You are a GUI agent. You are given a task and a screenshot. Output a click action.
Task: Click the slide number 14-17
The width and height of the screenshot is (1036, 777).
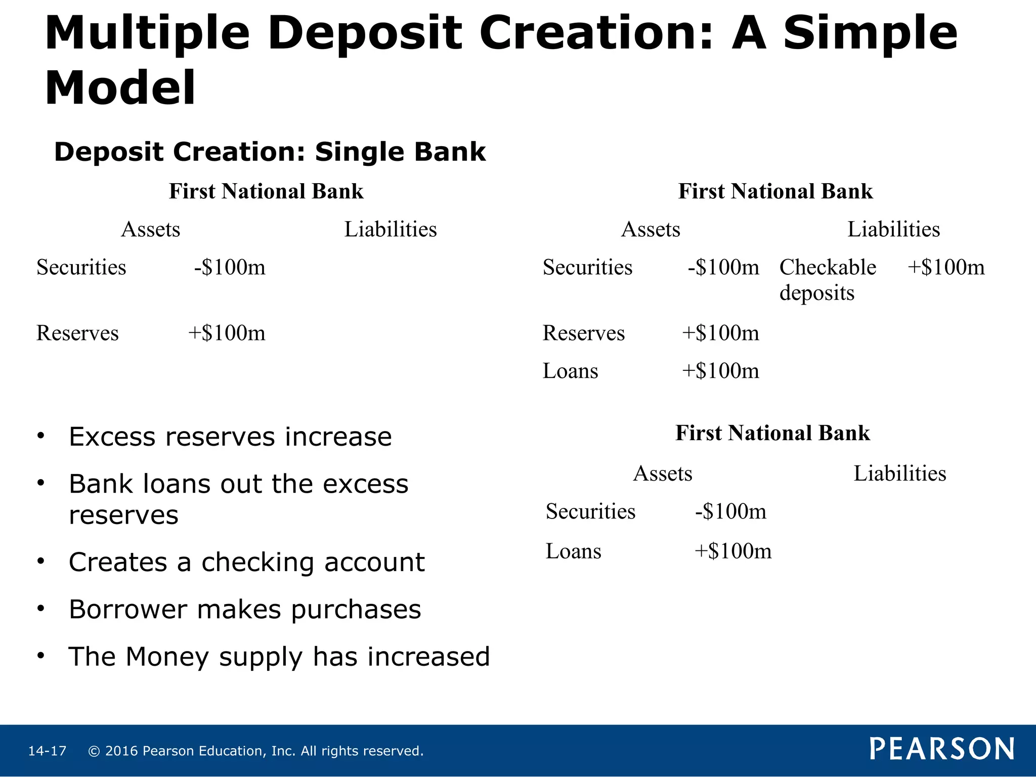pyautogui.click(x=47, y=751)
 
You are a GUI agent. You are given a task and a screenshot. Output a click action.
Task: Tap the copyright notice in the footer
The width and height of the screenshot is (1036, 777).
pyautogui.click(x=255, y=751)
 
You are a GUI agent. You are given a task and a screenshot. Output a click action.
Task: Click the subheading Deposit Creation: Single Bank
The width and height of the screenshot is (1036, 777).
pyautogui.click(x=270, y=152)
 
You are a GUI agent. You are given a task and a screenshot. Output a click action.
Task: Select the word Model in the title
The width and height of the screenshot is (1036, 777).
pyautogui.click(x=120, y=88)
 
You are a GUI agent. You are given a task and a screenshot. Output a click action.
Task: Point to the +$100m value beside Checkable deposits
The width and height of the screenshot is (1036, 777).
pyautogui.click(x=946, y=267)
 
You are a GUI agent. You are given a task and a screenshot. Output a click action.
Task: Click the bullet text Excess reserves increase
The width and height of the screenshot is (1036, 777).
pyautogui.click(x=230, y=437)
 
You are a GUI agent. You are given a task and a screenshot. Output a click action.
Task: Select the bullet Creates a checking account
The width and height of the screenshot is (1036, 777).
pyautogui.click(x=246, y=562)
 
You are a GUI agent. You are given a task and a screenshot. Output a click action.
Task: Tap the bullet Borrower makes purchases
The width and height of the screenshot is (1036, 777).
pyautogui.click(x=245, y=609)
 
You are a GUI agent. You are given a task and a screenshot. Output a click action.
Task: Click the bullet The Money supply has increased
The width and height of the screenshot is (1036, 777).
pyautogui.click(x=279, y=657)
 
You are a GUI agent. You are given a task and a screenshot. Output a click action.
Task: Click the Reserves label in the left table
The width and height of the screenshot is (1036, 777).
pyautogui.click(x=77, y=333)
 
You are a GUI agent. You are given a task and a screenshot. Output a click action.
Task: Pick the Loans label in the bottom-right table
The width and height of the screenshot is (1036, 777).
pyautogui.click(x=573, y=551)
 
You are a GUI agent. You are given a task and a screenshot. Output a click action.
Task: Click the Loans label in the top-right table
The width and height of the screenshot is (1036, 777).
pyautogui.click(x=570, y=371)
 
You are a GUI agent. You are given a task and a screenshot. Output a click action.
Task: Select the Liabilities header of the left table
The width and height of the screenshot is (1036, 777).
pyautogui.click(x=391, y=229)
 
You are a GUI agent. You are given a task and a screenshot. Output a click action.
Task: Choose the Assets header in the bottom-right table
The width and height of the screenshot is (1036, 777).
pyautogui.click(x=662, y=473)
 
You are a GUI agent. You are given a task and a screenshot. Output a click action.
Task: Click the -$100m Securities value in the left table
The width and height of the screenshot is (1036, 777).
pyautogui.click(x=230, y=267)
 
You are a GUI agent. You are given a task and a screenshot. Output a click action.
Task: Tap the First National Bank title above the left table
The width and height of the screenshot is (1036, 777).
pyautogui.click(x=266, y=191)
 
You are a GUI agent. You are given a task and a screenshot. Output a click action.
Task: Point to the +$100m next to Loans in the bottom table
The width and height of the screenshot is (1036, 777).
pyautogui.click(x=732, y=551)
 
